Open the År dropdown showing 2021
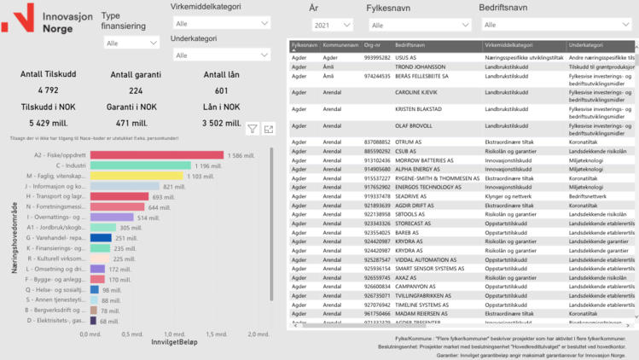(332, 26)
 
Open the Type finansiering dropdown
(130, 43)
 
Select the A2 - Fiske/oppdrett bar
(157, 155)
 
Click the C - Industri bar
(141, 165)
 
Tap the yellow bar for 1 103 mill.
(137, 176)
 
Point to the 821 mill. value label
(174, 187)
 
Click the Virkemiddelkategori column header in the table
(508, 44)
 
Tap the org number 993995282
(378, 57)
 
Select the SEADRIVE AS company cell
(417, 196)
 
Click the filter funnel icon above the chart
(253, 129)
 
